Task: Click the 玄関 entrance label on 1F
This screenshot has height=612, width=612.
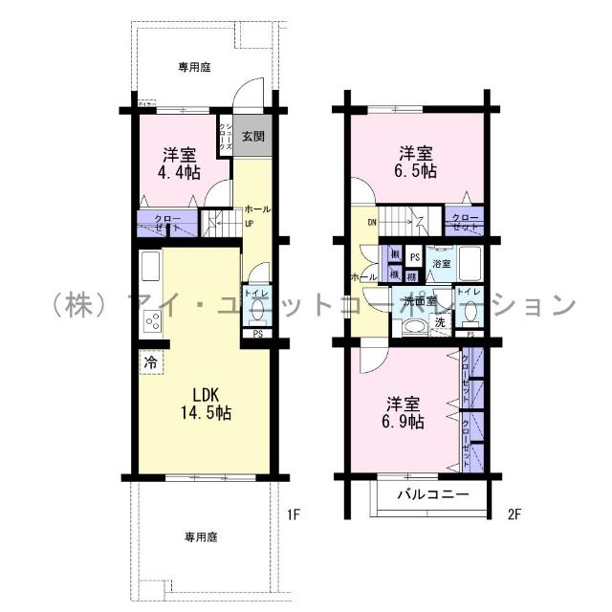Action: (253, 136)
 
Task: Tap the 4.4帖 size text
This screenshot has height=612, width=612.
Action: (179, 172)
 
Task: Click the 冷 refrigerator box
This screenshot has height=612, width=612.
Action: (150, 362)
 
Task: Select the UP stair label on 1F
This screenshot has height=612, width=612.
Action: (250, 224)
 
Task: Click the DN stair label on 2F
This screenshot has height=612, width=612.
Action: (371, 225)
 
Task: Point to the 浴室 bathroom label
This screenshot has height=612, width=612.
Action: (441, 262)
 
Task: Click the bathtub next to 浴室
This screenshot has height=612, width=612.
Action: (470, 260)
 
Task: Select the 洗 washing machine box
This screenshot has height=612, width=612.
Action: (440, 323)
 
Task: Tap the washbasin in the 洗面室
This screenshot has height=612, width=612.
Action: (413, 327)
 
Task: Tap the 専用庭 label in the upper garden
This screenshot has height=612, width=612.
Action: (194, 67)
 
